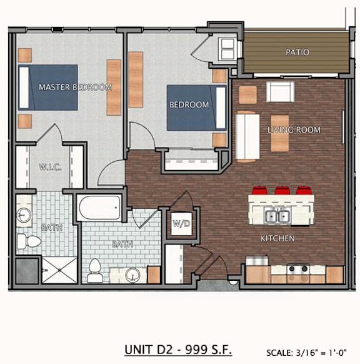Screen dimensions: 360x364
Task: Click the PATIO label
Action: [297, 52]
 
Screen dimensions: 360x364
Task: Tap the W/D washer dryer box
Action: [181, 223]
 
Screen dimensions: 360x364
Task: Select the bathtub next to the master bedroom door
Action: [99, 207]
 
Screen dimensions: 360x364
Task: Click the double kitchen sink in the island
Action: [277, 216]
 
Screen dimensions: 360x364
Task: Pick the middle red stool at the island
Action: [282, 190]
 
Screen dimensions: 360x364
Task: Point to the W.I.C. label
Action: [51, 167]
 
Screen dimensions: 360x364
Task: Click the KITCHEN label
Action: [277, 238]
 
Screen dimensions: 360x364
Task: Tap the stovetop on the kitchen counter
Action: [298, 269]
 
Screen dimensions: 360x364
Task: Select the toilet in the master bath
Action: [29, 241]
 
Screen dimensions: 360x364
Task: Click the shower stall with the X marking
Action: [59, 270]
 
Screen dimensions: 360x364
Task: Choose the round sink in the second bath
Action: [132, 275]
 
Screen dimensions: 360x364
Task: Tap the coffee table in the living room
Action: [280, 133]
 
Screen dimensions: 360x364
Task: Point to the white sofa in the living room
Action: [247, 136]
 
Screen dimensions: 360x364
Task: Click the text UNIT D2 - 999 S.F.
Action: [178, 350]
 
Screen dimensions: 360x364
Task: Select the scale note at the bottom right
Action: [306, 353]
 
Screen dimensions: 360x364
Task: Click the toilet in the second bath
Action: [95, 270]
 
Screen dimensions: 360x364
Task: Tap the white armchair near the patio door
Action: [280, 92]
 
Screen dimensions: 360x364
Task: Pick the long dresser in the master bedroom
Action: [114, 88]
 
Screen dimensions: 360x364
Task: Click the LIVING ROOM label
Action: [294, 129]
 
